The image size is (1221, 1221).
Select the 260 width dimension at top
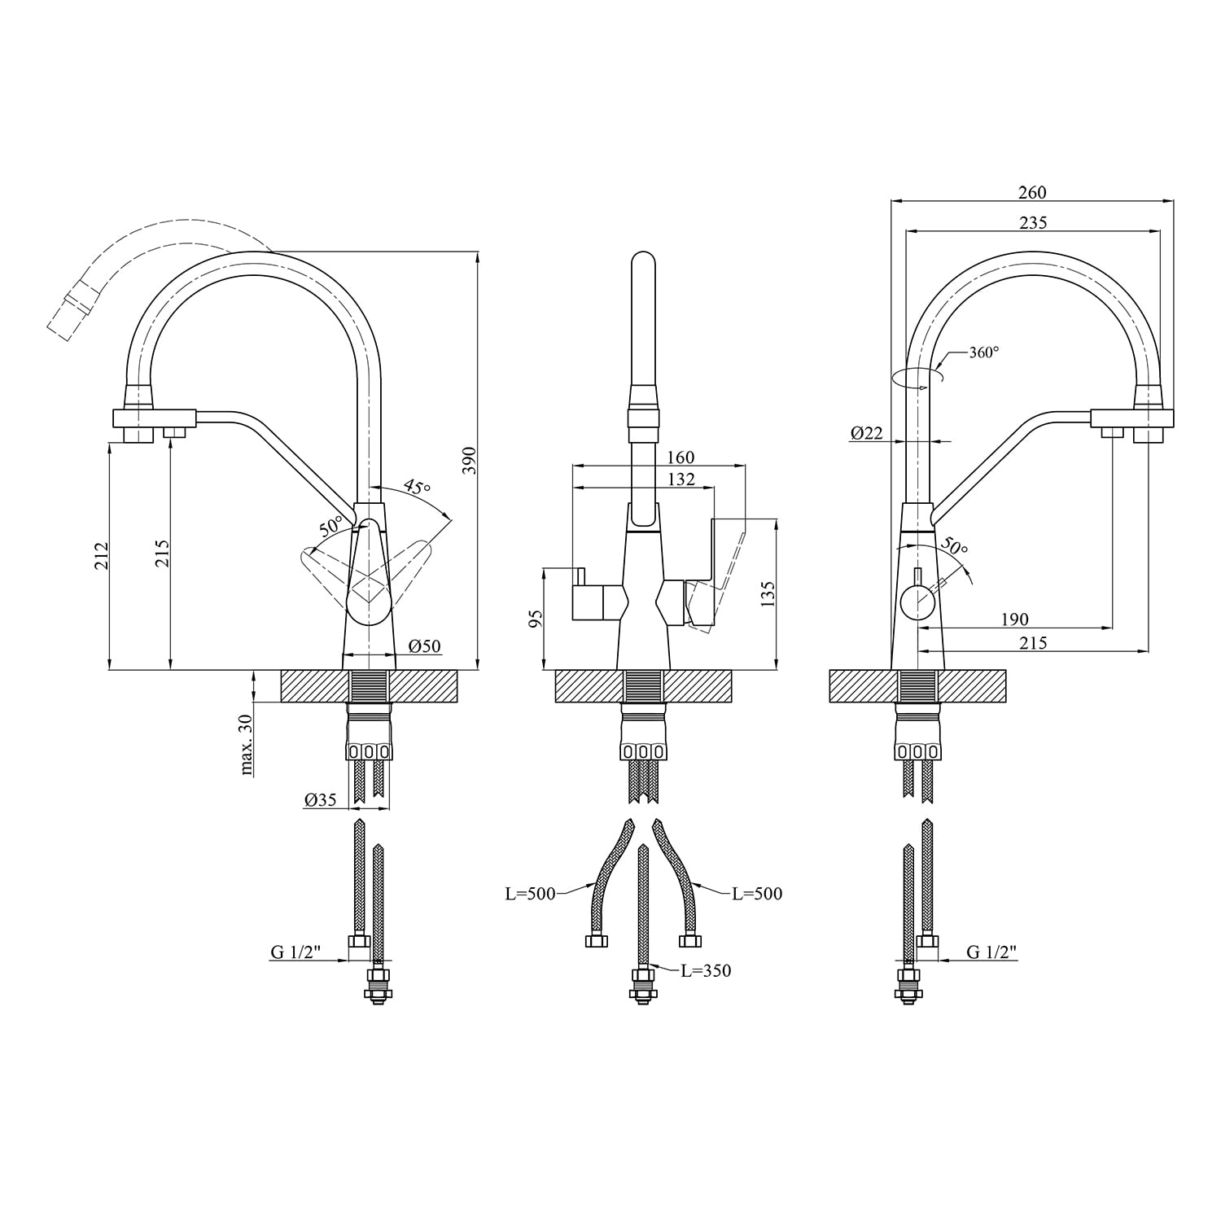point(1032,192)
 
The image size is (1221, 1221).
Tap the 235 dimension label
point(1032,222)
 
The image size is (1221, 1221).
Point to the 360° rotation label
point(984,352)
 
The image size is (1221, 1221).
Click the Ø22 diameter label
point(867,434)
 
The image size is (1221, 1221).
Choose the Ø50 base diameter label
point(424,646)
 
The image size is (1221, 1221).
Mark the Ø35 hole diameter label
point(321,800)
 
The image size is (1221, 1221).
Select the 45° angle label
point(417,488)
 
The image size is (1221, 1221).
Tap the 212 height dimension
point(102,555)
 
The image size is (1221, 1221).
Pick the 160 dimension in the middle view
point(680,458)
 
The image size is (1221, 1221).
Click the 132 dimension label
point(680,479)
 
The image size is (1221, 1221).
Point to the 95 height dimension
point(535,619)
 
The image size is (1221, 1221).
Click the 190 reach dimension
point(1014,620)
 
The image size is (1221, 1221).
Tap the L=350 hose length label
point(706,970)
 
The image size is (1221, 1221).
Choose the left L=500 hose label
point(530,894)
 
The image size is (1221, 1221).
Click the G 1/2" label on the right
point(992,952)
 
